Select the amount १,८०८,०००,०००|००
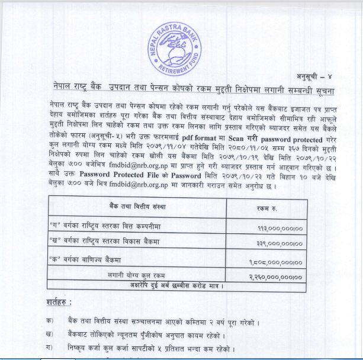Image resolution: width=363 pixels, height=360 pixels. pos(277,262)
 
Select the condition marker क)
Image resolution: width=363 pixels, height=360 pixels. pos(49,321)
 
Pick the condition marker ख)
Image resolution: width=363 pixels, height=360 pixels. pos(49,335)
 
